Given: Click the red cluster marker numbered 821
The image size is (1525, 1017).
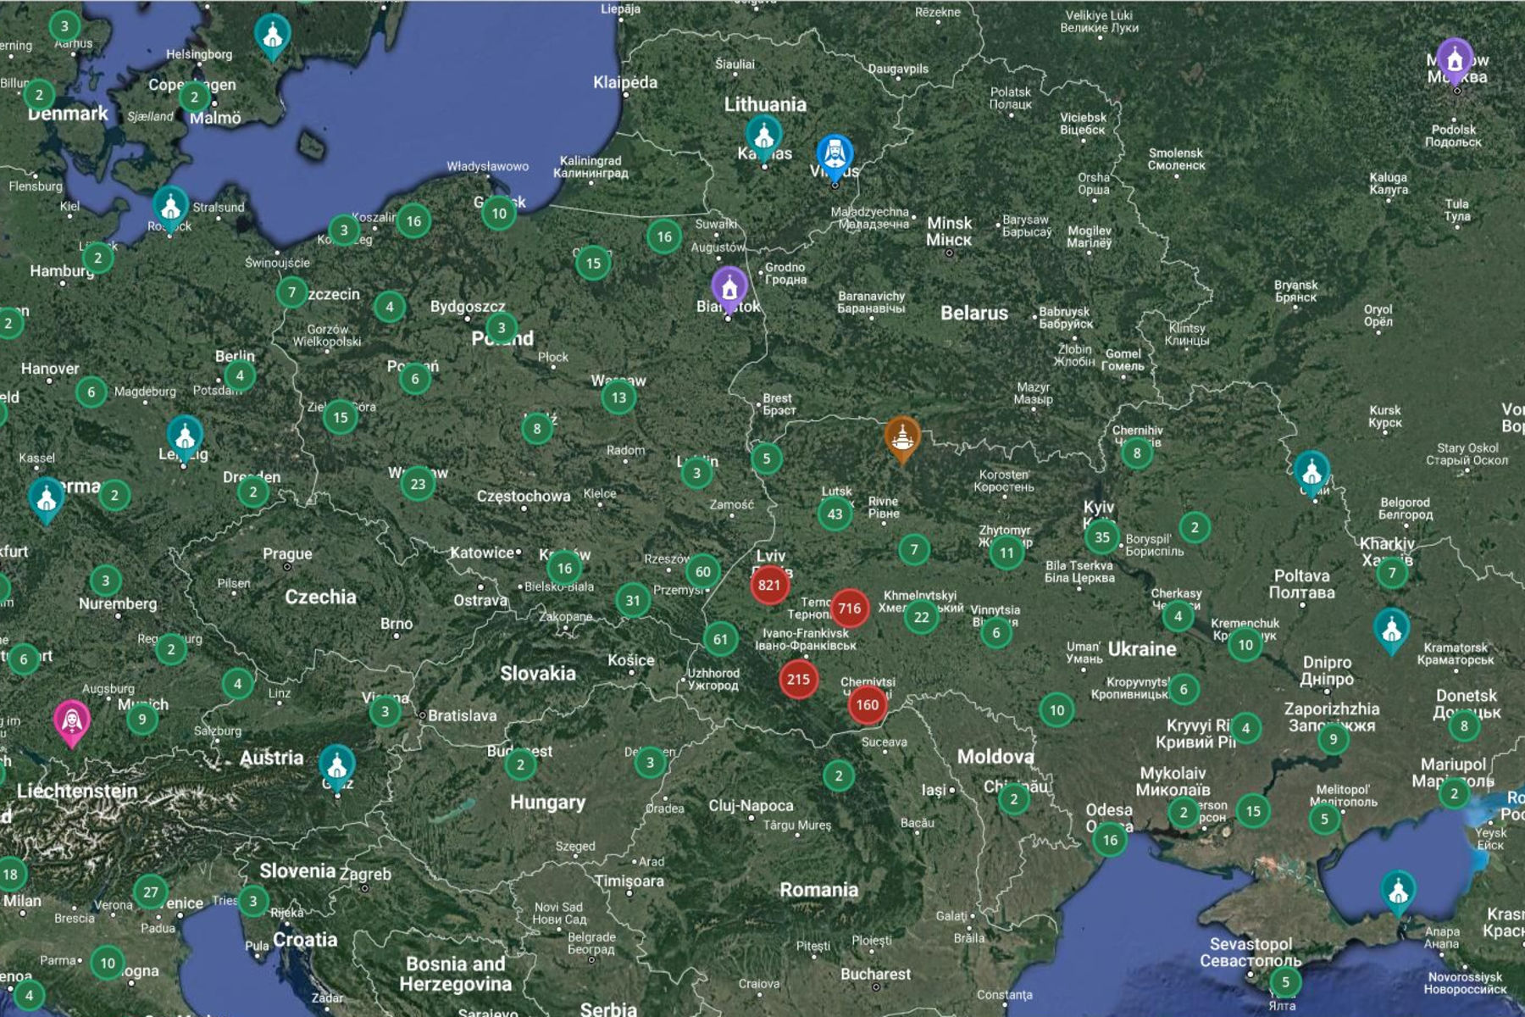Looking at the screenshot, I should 769,585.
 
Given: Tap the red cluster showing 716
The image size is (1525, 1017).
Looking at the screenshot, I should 849,608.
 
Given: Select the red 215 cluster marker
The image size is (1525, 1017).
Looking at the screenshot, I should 798,679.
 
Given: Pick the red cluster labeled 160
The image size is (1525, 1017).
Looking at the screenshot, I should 867,704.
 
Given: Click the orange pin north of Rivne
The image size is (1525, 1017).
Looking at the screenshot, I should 902,438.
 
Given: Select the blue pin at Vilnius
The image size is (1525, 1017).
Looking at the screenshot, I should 835,157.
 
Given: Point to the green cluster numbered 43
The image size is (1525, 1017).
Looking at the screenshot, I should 835,514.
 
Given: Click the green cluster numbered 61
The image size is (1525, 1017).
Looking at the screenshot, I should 720,639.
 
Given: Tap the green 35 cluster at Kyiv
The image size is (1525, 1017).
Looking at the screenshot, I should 1101,536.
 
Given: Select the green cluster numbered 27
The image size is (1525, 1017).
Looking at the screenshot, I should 151,892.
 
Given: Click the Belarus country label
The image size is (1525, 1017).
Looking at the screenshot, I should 974,313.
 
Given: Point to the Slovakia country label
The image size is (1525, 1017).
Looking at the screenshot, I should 538,674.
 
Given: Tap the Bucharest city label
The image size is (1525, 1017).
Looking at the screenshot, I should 875,975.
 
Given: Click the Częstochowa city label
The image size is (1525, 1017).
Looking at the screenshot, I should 523,496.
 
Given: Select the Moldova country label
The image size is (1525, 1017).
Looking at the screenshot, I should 995,756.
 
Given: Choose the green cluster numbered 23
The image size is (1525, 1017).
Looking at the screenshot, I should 418,484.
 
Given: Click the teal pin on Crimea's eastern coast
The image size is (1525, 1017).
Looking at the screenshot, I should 1398,892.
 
